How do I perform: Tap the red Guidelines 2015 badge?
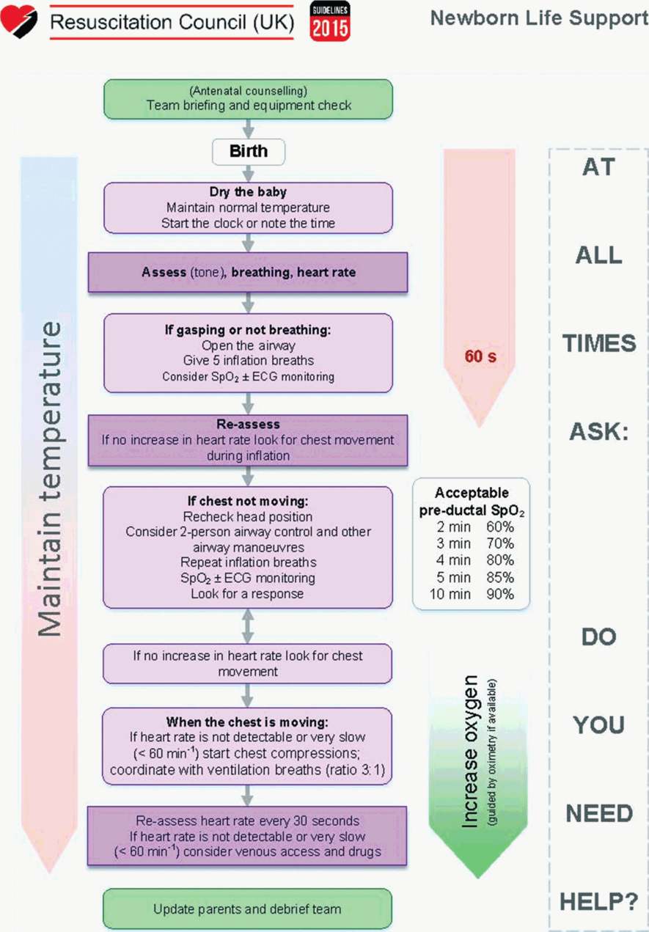[330, 21]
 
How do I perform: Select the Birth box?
[248, 152]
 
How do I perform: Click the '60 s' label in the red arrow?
[480, 358]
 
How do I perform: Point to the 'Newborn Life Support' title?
[539, 18]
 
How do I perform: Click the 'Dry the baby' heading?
[248, 192]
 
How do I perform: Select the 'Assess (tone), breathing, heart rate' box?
[248, 273]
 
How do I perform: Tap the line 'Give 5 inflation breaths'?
[248, 360]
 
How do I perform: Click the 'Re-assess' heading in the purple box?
[248, 424]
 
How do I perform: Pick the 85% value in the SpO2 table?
[499, 577]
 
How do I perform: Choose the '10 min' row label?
[450, 594]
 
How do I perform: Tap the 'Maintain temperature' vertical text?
[51, 477]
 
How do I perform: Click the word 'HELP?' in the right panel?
[598, 901]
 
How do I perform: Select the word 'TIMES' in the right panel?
[598, 343]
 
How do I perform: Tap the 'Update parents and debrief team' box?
[248, 909]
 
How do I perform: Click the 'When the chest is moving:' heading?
[248, 721]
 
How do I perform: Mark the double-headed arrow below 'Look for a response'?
[248, 626]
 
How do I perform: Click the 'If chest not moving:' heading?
[248, 502]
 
